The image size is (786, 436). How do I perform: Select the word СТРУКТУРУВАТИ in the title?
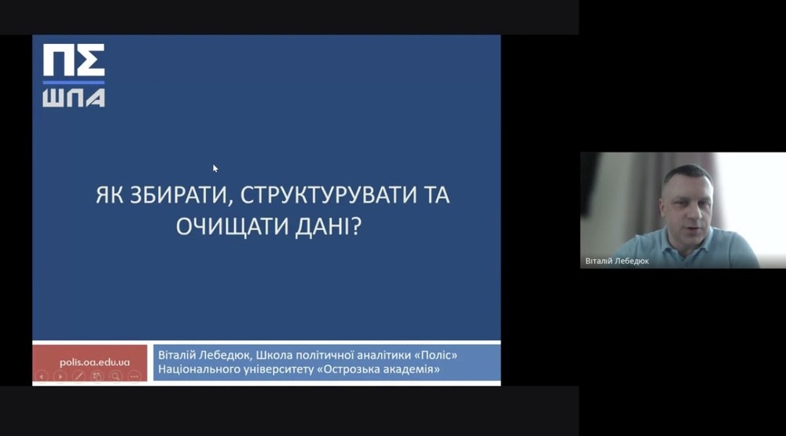[x=329, y=195]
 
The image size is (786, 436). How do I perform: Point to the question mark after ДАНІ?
[x=356, y=226]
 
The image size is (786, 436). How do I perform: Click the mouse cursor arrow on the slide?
[x=215, y=168]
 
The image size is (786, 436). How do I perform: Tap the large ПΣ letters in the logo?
[x=74, y=60]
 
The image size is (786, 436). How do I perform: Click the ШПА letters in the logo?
[x=74, y=97]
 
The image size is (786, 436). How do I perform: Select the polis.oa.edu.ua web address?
[x=95, y=362]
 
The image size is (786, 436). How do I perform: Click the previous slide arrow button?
[x=42, y=376]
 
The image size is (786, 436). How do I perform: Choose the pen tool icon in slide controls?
[x=79, y=376]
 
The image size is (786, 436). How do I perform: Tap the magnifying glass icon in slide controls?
[x=116, y=376]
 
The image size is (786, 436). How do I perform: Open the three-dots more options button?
[x=134, y=376]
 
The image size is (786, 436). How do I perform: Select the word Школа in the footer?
[x=274, y=355]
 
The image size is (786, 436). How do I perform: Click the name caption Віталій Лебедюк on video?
[x=617, y=261]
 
